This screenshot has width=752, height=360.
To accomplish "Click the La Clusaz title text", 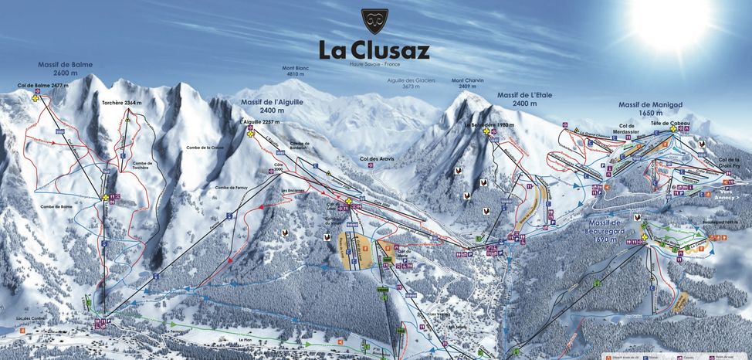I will tap(374, 50).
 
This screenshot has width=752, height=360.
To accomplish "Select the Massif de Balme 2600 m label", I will tap(61, 69).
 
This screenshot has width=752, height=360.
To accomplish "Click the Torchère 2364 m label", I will tap(122, 103).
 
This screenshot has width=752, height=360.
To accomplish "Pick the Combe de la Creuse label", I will tap(205, 148).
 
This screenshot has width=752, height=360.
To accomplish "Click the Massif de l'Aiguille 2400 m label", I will tap(273, 106).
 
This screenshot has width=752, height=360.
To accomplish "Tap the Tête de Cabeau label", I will tap(668, 124).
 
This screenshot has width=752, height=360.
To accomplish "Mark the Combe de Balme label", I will tap(57, 205).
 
